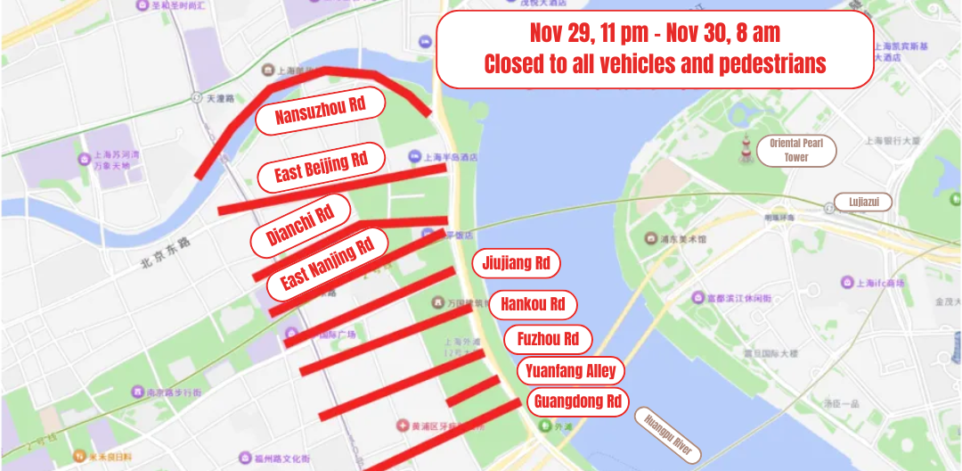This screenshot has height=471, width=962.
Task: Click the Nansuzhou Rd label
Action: (321, 112)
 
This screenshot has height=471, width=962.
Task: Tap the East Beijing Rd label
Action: (321, 167)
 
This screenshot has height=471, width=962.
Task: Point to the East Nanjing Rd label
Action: (327, 263)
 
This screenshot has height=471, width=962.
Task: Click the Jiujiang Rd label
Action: (516, 263)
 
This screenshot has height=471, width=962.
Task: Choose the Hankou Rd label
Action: (533, 304)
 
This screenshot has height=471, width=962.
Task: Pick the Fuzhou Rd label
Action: (548, 339)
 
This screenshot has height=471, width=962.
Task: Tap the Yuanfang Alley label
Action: (570, 371)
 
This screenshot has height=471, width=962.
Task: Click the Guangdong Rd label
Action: (577, 401)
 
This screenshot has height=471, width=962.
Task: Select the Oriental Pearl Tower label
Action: (795, 150)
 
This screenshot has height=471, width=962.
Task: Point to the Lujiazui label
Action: (862, 202)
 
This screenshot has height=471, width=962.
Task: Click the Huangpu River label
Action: (668, 434)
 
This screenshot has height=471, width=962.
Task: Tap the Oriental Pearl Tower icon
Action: (745, 147)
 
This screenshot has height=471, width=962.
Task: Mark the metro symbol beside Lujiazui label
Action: (828, 206)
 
